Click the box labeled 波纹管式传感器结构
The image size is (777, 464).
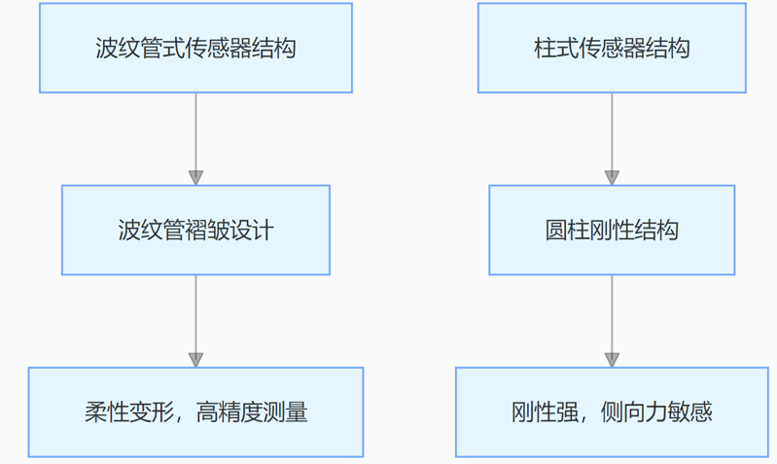[x=195, y=48]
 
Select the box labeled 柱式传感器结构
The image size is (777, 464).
[x=612, y=48]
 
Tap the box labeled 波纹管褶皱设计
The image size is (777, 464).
[x=195, y=231]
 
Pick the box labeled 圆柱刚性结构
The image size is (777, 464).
[x=612, y=231]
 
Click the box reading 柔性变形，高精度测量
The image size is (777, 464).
[x=195, y=412]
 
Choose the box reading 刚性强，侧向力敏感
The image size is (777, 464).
[x=612, y=412]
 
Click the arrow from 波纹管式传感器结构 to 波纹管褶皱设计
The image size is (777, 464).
[x=195, y=132]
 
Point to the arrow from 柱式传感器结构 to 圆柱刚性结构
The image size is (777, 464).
[x=612, y=132]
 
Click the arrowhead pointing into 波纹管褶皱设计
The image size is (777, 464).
[x=195, y=177]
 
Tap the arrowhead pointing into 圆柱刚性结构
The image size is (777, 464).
[x=612, y=177]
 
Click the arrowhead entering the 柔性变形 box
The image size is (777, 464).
[x=195, y=359]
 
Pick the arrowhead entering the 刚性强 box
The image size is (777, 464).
[x=612, y=359]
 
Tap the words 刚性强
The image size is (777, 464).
[x=545, y=412]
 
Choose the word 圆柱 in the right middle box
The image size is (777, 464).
[x=567, y=231]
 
